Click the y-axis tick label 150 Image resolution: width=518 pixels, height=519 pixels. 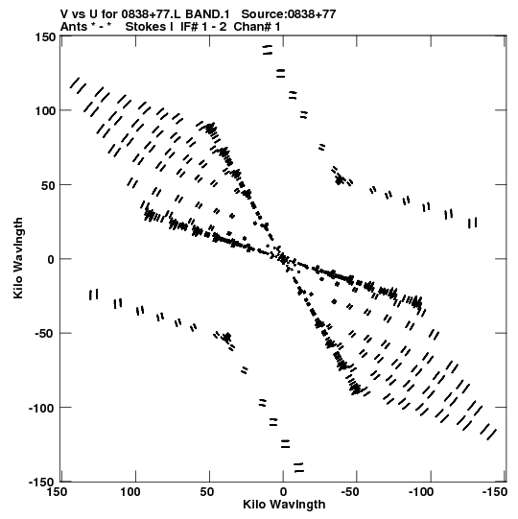coord(45,37)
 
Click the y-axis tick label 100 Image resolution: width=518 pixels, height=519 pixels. coord(45,110)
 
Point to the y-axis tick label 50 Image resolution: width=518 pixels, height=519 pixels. coord(49,186)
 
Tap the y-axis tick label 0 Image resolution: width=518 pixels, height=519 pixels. coord(51,260)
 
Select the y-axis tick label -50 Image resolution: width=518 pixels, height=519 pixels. coord(45,334)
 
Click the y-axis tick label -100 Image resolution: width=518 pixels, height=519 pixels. coord(42,408)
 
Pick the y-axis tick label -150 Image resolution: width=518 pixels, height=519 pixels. coord(42,482)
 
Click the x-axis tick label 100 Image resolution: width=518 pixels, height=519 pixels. coord(130,492)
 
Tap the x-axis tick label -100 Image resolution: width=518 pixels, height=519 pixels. coord(421,492)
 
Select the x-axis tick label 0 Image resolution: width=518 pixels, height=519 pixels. coord(283,492)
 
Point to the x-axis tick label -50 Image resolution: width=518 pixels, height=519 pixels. coord(350,492)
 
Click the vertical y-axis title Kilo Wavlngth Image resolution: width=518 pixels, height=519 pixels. coord(18,258)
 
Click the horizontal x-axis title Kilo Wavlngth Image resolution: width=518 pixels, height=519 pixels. coord(284,505)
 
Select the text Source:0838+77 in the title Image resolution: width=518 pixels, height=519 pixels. coord(289,14)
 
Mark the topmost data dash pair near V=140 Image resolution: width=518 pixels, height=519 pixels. coord(267,50)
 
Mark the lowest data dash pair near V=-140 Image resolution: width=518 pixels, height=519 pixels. coord(298,468)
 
